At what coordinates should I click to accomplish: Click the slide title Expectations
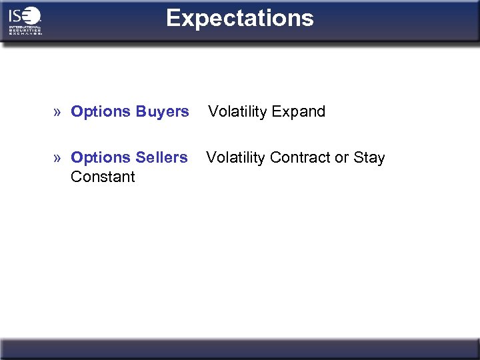pyautogui.click(x=240, y=18)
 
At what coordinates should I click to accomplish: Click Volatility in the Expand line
pyautogui.click(x=237, y=111)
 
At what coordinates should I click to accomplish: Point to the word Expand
pyautogui.click(x=297, y=111)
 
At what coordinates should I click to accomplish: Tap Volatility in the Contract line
pyautogui.click(x=235, y=157)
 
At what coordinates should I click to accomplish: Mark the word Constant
pyautogui.click(x=103, y=177)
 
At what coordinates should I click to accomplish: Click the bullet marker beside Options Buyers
pyautogui.click(x=59, y=112)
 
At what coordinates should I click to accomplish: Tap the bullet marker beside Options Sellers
pyautogui.click(x=59, y=158)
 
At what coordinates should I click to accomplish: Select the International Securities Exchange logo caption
pyautogui.click(x=25, y=30)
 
